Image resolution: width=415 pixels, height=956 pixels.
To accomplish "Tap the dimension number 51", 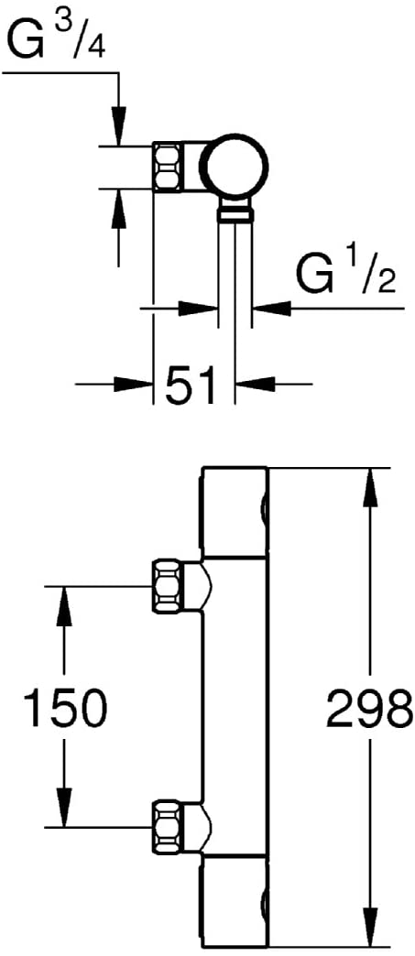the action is click(x=191, y=384).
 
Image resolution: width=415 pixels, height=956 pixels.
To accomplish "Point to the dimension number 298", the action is click(x=368, y=707).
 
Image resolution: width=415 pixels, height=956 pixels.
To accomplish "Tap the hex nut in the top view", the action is click(x=168, y=167).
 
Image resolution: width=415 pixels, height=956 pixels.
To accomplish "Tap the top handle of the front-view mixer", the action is click(x=235, y=512).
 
